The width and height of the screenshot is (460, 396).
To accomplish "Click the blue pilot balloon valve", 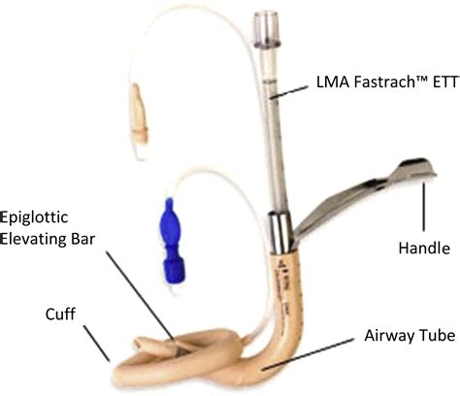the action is (x=172, y=241).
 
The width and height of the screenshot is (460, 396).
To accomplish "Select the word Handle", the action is (x=424, y=248).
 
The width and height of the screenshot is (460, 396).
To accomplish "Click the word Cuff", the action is (x=60, y=313).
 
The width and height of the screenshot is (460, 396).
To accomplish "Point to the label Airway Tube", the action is (x=410, y=336).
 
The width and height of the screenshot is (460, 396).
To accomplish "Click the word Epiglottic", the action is (x=34, y=218).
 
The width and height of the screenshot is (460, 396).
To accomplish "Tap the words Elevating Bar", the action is (x=48, y=239).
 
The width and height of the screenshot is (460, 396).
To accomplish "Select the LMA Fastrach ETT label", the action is (x=388, y=82).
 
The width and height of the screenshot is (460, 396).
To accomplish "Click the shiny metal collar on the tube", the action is (x=279, y=232).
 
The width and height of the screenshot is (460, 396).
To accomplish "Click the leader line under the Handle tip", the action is (x=424, y=207).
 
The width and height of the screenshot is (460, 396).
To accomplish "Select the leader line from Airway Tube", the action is (x=308, y=354).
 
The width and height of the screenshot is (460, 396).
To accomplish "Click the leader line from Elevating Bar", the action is (x=141, y=296).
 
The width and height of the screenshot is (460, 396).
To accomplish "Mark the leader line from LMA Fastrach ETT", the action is (x=289, y=91).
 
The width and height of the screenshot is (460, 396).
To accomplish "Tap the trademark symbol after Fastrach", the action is (x=420, y=79).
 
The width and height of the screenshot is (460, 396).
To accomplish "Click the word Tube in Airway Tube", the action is (x=440, y=336).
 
